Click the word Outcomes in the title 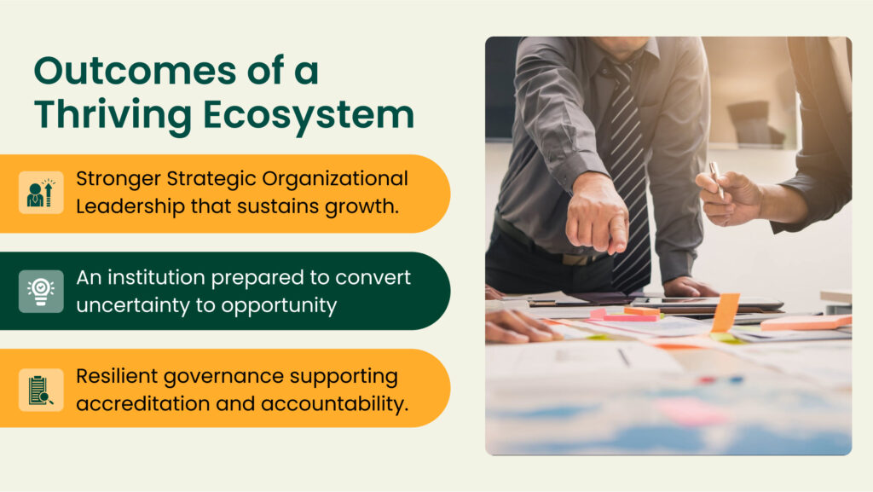click(136, 71)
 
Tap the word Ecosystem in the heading click(309, 114)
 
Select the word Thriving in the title click(113, 116)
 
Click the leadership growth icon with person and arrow click(41, 193)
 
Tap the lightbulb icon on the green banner click(41, 291)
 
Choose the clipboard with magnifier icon click(41, 389)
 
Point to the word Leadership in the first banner click(130, 207)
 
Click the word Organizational click(334, 179)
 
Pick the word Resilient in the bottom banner click(117, 376)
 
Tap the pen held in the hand click(716, 179)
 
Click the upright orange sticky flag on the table click(725, 312)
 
